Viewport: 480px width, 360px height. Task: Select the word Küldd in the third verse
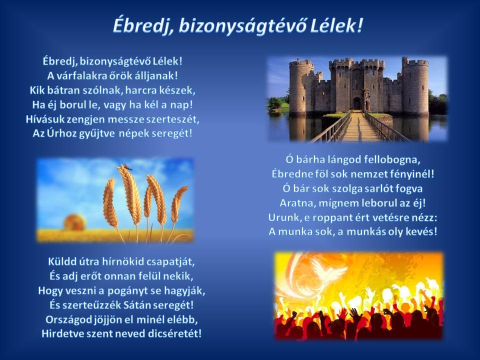click(x=60, y=261)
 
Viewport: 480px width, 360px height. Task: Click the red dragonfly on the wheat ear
click(x=127, y=167)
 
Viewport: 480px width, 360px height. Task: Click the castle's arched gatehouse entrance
click(x=357, y=103)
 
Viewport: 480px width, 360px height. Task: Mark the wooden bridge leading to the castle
click(x=356, y=126)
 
